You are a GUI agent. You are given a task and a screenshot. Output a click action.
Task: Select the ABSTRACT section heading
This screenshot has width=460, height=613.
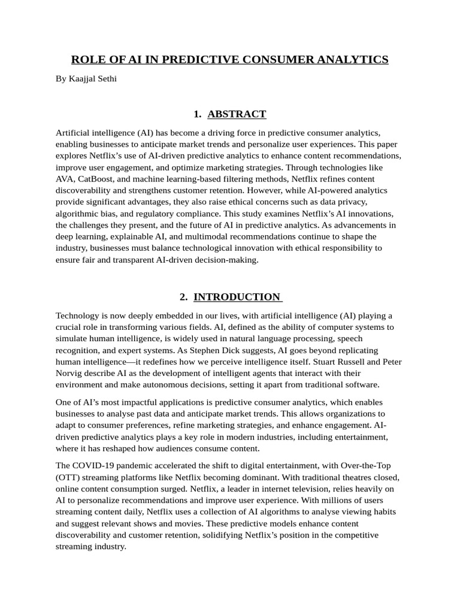237,114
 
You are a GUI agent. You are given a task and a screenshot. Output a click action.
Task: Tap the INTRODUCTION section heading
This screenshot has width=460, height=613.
238,297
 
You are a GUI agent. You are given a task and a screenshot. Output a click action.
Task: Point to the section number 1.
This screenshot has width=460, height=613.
197,114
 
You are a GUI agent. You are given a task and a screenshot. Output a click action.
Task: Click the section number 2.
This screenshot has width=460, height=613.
183,297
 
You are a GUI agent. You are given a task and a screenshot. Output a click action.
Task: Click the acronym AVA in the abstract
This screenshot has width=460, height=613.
65,179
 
